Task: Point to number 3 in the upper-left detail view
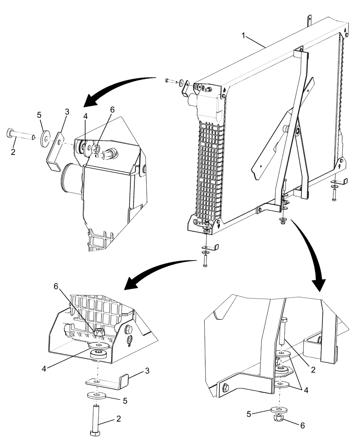click(67, 112)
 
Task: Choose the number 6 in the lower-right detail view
click(303, 425)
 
